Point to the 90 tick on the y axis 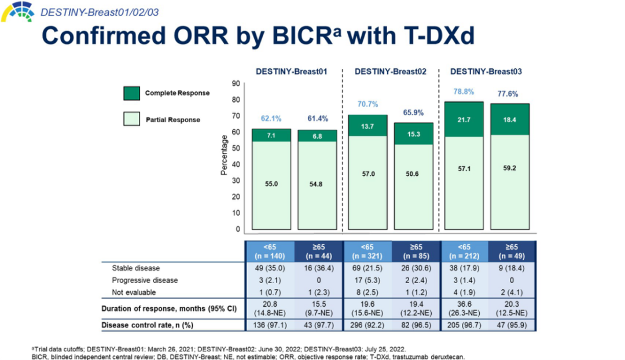pyautogui.click(x=236, y=83)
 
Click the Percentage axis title pyautogui.click(x=224, y=155)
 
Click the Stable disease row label pyautogui.click(x=135, y=268)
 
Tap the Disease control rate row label pyautogui.click(x=147, y=325)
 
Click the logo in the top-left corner pyautogui.click(x=17, y=10)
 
